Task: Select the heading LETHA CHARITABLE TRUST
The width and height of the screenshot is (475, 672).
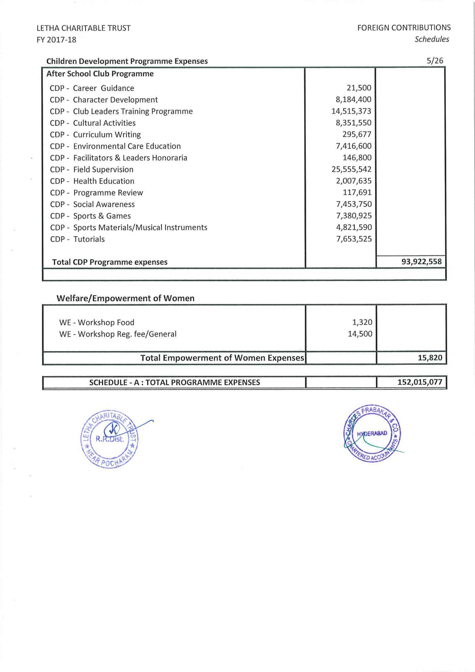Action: (x=83, y=28)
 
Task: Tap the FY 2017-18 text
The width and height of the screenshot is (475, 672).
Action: (x=56, y=40)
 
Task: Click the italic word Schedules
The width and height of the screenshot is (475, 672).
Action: (x=431, y=39)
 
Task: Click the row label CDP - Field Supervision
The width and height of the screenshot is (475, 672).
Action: (x=91, y=170)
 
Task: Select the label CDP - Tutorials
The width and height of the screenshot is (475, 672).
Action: (x=77, y=239)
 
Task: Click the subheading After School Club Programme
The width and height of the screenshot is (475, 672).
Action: (x=100, y=74)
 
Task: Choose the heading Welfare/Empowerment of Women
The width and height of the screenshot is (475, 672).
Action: (x=125, y=298)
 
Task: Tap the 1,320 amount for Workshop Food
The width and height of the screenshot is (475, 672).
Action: (x=362, y=322)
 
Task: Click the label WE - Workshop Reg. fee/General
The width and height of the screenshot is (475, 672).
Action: (x=118, y=334)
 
